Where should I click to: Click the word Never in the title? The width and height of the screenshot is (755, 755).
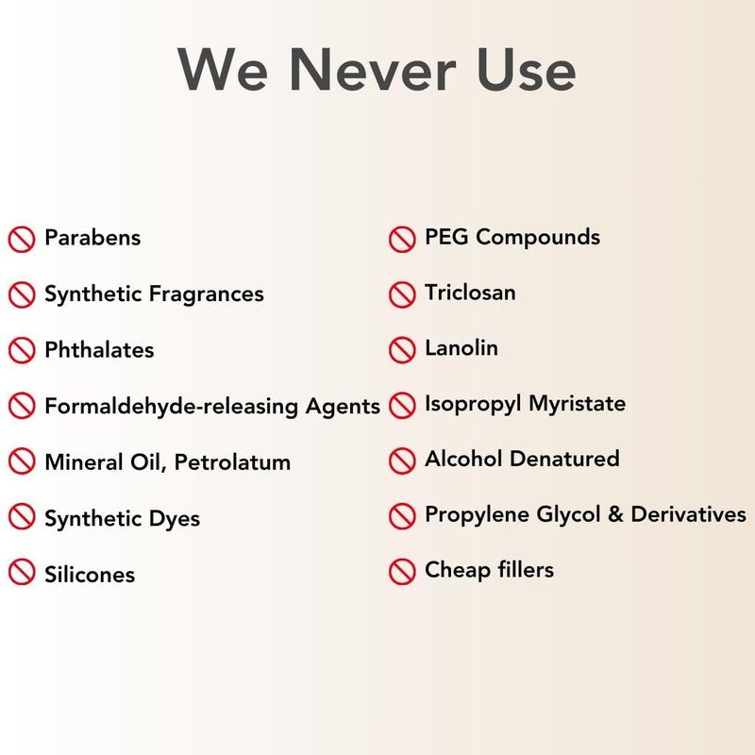tap(372, 69)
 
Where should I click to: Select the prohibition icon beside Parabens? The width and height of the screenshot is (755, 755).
tap(22, 239)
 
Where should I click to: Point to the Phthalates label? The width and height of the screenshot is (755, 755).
tap(99, 349)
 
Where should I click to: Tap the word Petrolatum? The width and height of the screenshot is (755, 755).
tap(232, 462)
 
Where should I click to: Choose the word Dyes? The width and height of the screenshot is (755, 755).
tap(175, 519)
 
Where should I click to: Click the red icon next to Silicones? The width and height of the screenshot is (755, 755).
tap(22, 572)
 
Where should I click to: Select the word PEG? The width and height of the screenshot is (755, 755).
tap(446, 237)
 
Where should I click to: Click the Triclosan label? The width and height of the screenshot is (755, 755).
tap(470, 293)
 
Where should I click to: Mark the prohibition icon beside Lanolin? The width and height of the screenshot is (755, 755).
tap(402, 349)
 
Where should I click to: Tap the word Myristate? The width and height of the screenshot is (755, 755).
tap(578, 404)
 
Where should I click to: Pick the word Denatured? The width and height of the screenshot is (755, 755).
tap(564, 459)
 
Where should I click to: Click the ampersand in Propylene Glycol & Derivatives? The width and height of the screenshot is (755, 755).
tap(615, 514)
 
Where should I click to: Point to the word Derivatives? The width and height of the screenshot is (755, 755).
tap(689, 514)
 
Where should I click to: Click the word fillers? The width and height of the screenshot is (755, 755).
tap(526, 570)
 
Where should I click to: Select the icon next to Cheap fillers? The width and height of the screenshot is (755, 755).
tap(402, 572)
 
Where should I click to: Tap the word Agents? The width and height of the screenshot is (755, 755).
tap(343, 407)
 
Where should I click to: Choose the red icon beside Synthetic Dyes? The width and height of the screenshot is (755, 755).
tap(22, 516)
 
